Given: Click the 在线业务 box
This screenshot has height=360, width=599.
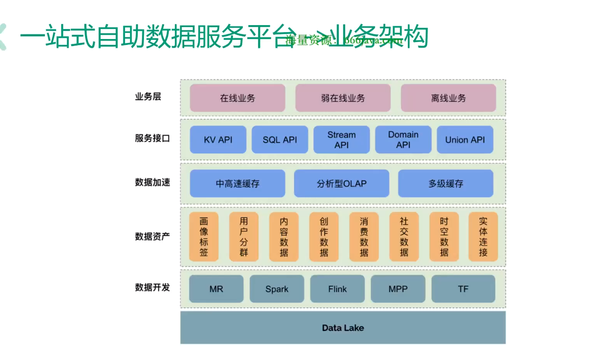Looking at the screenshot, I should [237, 98].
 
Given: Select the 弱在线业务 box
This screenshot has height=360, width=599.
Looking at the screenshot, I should [343, 98].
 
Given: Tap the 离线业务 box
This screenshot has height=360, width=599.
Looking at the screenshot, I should [448, 98].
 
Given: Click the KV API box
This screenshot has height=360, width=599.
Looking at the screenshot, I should [218, 140].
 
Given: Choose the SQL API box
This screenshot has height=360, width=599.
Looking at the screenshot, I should [280, 140].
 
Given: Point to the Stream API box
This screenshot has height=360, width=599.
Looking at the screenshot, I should [341, 140].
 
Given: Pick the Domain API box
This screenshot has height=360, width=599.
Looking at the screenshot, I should [403, 140].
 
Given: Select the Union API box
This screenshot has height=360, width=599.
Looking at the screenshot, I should [465, 140].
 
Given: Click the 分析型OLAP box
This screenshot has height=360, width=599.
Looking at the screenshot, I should [341, 184].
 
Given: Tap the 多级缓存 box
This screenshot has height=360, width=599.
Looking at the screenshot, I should [445, 184].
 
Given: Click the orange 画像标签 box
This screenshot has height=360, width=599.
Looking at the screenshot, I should [204, 237].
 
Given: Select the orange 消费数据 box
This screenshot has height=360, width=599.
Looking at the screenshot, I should [364, 237].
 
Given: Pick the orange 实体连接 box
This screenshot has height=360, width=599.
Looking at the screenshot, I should [483, 237].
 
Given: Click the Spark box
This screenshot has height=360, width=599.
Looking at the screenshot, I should [277, 289].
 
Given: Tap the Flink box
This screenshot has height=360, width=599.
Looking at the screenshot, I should [337, 289].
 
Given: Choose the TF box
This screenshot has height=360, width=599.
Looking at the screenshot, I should [463, 289].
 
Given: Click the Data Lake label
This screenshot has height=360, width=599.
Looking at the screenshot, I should [343, 328].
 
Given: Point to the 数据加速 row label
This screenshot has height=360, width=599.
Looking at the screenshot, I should [152, 182].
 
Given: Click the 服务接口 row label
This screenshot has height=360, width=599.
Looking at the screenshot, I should [152, 138].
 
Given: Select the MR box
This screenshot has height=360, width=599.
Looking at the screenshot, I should [216, 289].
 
